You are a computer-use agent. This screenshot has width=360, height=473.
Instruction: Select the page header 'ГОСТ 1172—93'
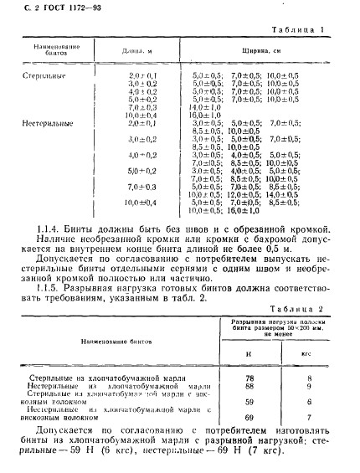point(49,10)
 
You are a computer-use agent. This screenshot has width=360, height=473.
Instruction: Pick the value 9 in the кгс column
point(309,387)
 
